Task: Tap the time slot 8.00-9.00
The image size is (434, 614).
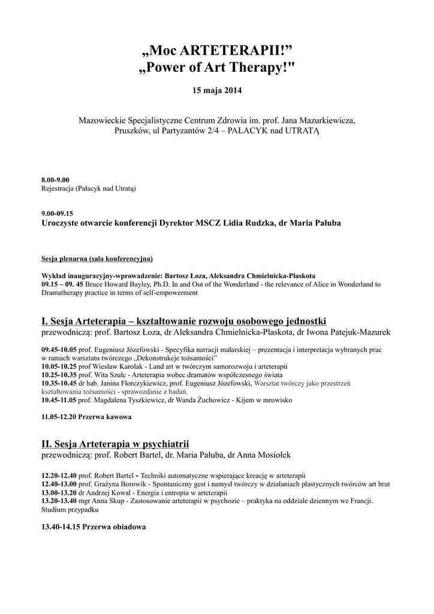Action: point(55,180)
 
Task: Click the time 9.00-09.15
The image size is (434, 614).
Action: point(57,213)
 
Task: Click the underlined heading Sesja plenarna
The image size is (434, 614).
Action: point(97,259)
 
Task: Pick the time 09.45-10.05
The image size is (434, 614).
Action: point(59,350)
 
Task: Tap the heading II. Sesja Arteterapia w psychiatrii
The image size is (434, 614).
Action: point(115,444)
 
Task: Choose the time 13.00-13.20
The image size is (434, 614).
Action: point(59,492)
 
